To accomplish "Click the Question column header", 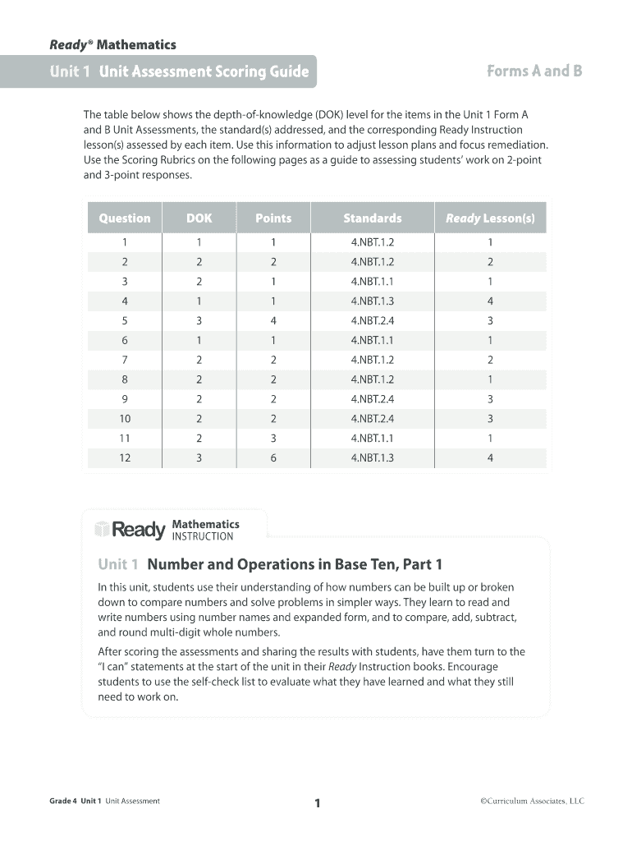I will [125, 218].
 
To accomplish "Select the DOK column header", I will [199, 218].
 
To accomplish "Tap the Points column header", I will [273, 218].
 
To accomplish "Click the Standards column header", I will [373, 218].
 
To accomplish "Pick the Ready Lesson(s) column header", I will [490, 218].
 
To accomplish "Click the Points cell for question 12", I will [273, 457].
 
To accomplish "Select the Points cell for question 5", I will [273, 320].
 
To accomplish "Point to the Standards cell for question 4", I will [373, 301].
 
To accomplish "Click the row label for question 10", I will [125, 418].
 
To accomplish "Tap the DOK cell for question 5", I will [199, 320].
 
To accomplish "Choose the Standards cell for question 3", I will [373, 281].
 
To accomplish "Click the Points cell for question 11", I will [273, 438].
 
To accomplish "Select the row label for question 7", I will [125, 360].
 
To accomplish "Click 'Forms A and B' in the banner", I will [534, 71].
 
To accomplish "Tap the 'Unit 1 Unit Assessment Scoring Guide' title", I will [179, 71].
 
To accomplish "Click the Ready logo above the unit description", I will [130, 531].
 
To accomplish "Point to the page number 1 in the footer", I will [316, 803].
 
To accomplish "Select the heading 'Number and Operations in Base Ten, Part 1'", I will [294, 564].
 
